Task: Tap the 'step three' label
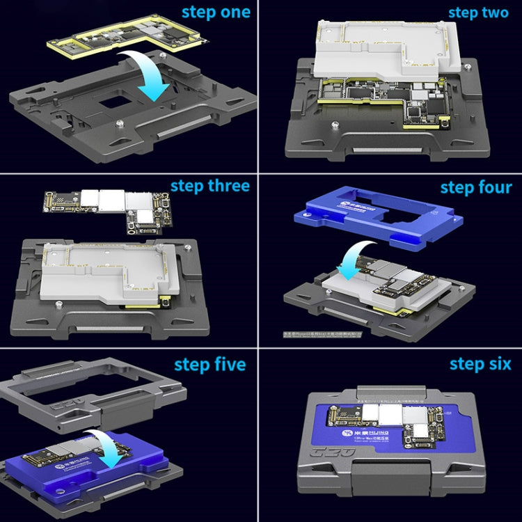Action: (209, 187)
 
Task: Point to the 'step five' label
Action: (209, 365)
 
